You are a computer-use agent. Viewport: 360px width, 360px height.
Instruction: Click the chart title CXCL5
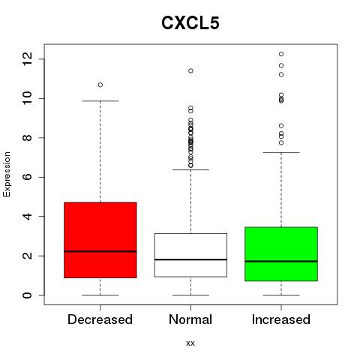pyautogui.click(x=190, y=23)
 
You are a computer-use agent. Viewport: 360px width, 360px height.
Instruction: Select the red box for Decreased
pyautogui.click(x=100, y=240)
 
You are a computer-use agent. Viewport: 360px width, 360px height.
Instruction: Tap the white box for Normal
pyautogui.click(x=190, y=255)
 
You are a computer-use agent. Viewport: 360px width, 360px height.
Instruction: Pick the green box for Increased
pyautogui.click(x=281, y=254)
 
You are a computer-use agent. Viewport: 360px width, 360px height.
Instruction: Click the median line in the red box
pyautogui.click(x=100, y=251)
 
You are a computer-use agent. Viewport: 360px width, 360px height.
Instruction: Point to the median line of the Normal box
pyautogui.click(x=190, y=259)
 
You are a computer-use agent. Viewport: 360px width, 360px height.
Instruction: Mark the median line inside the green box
pyautogui.click(x=281, y=261)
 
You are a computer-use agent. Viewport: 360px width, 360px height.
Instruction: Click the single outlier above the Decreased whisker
pyautogui.click(x=100, y=85)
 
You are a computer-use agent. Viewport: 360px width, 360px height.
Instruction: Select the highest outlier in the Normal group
pyautogui.click(x=190, y=71)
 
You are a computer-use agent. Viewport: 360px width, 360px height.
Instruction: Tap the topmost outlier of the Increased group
pyautogui.click(x=281, y=54)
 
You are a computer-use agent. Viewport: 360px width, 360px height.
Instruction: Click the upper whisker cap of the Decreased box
pyautogui.click(x=100, y=101)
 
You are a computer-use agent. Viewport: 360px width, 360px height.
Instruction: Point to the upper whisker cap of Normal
pyautogui.click(x=190, y=169)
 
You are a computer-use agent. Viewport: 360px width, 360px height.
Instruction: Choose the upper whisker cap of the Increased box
pyautogui.click(x=281, y=152)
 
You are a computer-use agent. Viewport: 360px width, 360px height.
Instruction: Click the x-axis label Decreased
pyautogui.click(x=100, y=319)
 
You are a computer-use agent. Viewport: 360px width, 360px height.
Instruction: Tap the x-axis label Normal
pyautogui.click(x=190, y=319)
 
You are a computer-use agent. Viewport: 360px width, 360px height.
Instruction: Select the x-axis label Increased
pyautogui.click(x=281, y=319)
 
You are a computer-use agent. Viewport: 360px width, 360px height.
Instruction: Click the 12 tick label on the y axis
pyautogui.click(x=27, y=59)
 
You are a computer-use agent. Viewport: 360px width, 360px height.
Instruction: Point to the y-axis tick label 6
pyautogui.click(x=27, y=177)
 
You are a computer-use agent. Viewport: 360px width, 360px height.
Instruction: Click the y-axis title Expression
pyautogui.click(x=7, y=174)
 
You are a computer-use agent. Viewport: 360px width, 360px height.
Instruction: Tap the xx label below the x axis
pyautogui.click(x=190, y=343)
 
